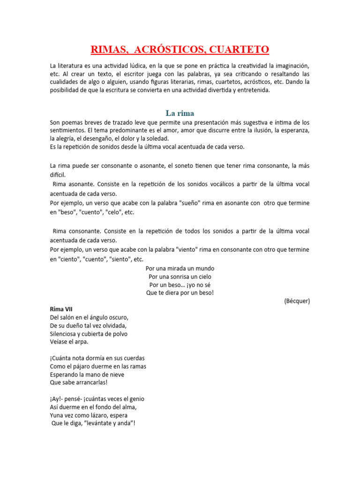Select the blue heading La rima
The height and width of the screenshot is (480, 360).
click(x=180, y=113)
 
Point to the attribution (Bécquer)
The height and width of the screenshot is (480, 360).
click(x=297, y=301)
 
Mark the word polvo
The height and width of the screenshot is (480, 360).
click(x=119, y=334)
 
